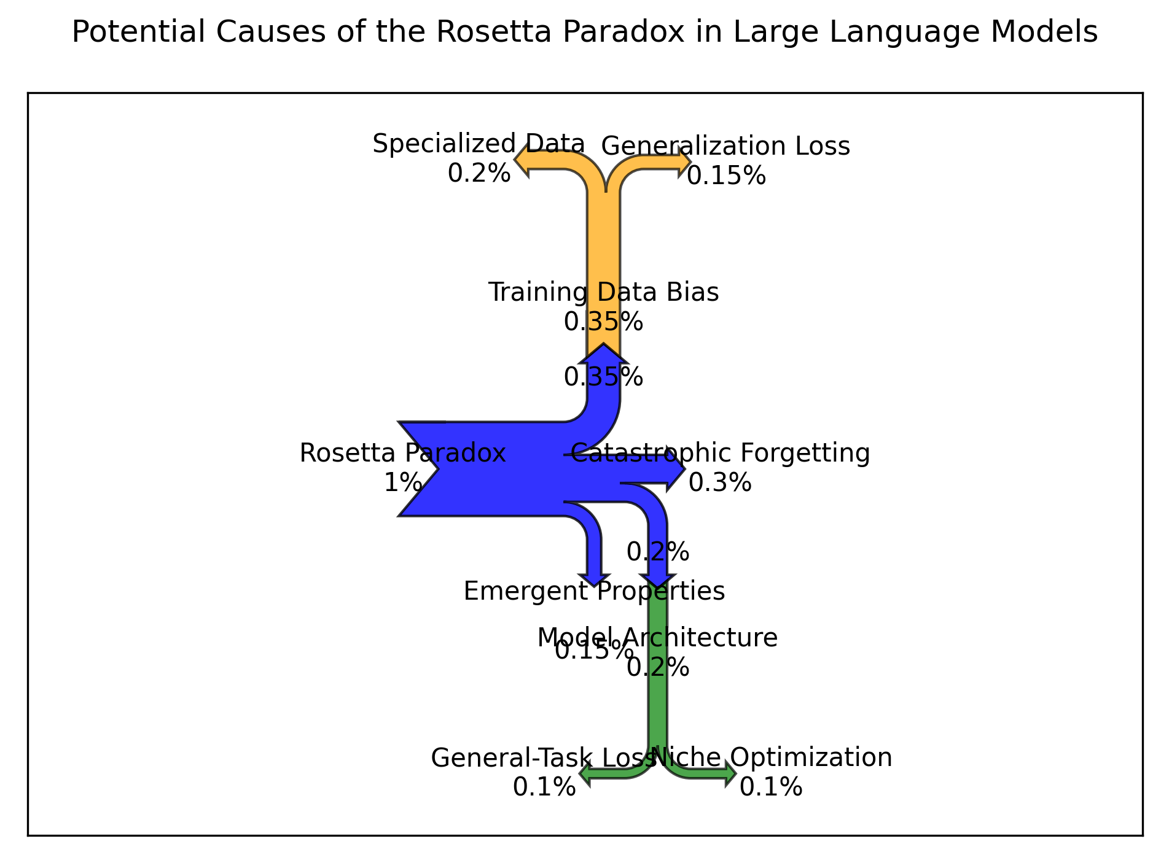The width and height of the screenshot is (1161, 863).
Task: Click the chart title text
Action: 584,33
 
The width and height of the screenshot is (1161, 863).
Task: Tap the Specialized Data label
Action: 479,145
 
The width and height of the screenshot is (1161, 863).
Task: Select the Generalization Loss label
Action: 725,147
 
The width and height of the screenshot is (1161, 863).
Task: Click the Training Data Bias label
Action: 603,293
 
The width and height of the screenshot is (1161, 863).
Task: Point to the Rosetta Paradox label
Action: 402,454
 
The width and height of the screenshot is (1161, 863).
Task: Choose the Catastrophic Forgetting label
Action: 721,454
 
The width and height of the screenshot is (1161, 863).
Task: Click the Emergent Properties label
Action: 594,592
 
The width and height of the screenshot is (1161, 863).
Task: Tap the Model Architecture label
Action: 657,638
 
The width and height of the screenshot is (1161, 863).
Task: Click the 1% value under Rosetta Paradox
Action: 402,483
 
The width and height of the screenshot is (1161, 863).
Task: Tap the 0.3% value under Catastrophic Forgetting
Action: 720,483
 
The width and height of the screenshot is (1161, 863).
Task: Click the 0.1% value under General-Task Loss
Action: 544,788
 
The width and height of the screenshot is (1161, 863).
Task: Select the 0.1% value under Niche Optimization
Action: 771,788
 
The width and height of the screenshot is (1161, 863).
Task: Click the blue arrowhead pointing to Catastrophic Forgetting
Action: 675,470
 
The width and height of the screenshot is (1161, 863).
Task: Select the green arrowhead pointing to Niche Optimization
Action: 729,773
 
